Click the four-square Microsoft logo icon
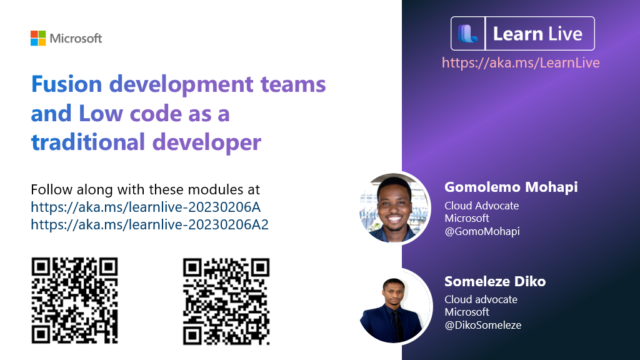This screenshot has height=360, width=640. [38, 38]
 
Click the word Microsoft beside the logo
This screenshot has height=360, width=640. [76, 39]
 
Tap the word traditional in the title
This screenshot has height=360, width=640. [87, 142]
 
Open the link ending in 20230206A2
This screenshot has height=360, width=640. [149, 224]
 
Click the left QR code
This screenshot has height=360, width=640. [74, 301]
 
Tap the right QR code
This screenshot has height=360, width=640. [226, 301]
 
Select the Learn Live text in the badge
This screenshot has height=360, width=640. [537, 34]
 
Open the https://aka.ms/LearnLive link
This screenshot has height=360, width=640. [521, 62]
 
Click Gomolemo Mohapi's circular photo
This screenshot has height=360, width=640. [394, 207]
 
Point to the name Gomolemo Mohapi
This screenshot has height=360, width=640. [511, 187]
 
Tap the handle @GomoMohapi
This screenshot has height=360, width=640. [482, 231]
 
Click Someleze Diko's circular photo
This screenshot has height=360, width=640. [394, 306]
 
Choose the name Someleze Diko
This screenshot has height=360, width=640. [495, 281]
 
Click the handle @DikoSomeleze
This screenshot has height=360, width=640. [482, 325]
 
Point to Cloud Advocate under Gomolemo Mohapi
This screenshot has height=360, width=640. [481, 206]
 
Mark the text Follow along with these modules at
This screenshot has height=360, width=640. [145, 189]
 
